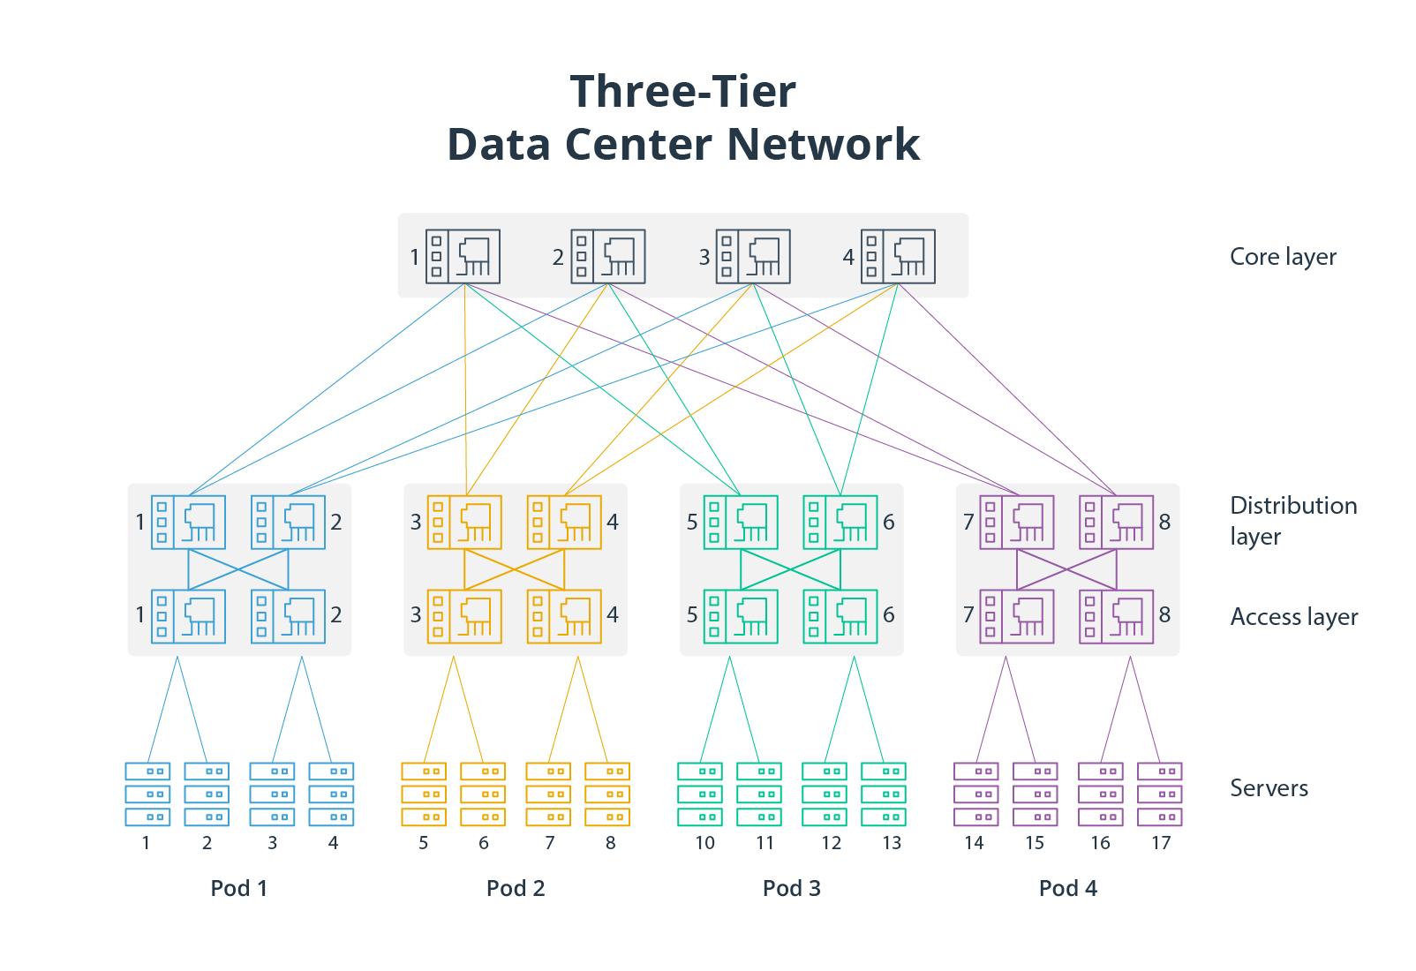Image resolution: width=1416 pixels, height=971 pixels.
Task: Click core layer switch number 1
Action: click(463, 257)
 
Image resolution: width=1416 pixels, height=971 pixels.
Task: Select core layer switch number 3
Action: click(753, 257)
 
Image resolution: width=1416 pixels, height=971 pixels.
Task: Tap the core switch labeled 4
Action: click(898, 257)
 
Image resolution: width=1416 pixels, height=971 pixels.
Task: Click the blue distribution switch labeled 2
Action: click(288, 523)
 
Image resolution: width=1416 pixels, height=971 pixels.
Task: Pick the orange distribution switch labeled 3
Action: click(464, 523)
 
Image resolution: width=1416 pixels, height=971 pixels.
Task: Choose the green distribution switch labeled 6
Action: click(840, 523)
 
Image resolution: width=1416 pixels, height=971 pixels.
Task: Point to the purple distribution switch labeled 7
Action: click(1017, 523)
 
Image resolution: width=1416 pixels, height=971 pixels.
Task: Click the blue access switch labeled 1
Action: click(188, 616)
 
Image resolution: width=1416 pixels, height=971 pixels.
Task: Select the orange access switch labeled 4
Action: click(564, 616)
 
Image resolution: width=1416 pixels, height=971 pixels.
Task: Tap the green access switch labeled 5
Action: click(741, 616)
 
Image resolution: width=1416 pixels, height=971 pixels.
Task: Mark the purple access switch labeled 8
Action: click(1117, 616)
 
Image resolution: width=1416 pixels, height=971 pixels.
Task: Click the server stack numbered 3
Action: click(272, 794)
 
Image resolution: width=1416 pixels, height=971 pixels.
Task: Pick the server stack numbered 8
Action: click(607, 794)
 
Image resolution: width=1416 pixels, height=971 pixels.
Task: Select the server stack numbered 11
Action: click(759, 794)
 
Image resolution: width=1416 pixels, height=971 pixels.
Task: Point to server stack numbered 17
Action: click(1160, 794)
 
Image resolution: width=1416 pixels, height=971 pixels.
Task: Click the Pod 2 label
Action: click(516, 888)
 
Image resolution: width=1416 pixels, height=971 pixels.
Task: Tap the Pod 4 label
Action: click(1068, 888)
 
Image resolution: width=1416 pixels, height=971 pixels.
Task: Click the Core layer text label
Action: click(1283, 257)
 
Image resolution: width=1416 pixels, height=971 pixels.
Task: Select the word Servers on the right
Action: click(1269, 788)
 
